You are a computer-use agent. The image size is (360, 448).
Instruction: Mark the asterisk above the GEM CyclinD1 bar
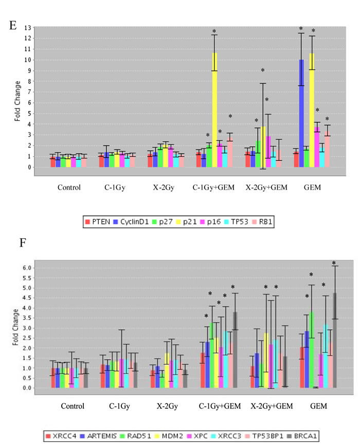[301, 29]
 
